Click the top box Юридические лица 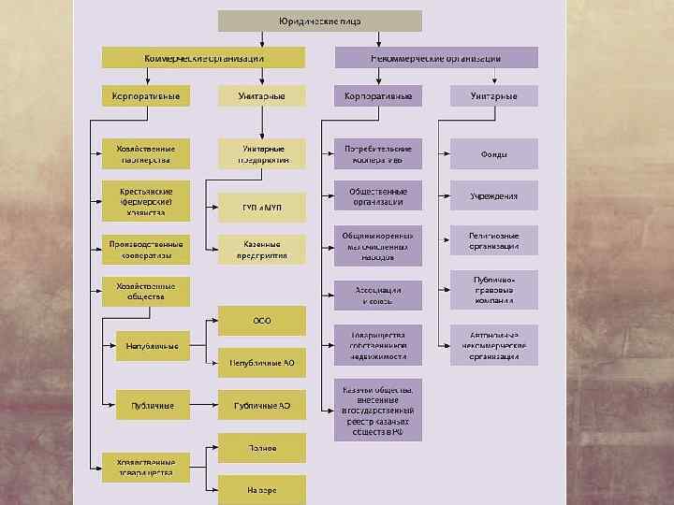(320, 21)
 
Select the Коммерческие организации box (204, 58)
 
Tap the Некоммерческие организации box (436, 58)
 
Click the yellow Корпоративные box (146, 96)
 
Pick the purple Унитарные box (494, 96)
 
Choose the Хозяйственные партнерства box (146, 153)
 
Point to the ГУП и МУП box (262, 208)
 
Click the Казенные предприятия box (262, 249)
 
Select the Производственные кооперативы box (146, 249)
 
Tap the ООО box (262, 321)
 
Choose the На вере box (262, 489)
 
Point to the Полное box (262, 448)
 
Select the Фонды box (494, 153)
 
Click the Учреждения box (494, 195)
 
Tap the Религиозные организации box (494, 241)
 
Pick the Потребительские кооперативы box (378, 153)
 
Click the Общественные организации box (378, 195)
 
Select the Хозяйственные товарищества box (146, 468)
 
